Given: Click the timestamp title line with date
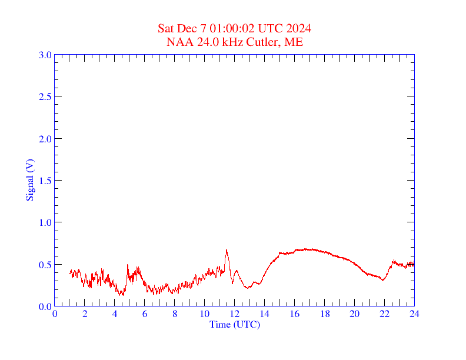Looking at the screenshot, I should pyautogui.click(x=234, y=29).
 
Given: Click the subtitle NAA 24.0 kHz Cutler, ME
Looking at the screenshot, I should pyautogui.click(x=234, y=42).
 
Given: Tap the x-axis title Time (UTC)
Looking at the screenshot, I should pyautogui.click(x=234, y=324).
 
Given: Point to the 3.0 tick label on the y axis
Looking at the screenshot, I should pyautogui.click(x=45, y=55).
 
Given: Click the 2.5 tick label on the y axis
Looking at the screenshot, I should pyautogui.click(x=45, y=96).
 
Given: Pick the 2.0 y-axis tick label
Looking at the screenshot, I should pyautogui.click(x=45, y=139).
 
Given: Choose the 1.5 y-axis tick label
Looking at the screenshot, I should pyautogui.click(x=45, y=181).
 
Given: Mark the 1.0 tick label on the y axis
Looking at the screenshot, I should pyautogui.click(x=45, y=222).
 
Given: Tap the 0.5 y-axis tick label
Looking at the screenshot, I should pyautogui.click(x=45, y=265).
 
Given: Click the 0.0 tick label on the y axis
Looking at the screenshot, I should pyautogui.click(x=45, y=306).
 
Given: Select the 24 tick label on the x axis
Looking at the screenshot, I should pyautogui.click(x=414, y=314).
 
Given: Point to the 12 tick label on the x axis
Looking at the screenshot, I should pyautogui.click(x=235, y=314).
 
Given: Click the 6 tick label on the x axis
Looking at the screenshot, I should pyautogui.click(x=145, y=314).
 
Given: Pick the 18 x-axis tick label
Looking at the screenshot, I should pyautogui.click(x=324, y=314).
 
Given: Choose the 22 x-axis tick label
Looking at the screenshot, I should pyautogui.click(x=384, y=314).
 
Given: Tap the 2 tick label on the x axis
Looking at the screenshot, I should pyautogui.click(x=85, y=314).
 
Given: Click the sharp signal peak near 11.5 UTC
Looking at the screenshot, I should pyautogui.click(x=227, y=251).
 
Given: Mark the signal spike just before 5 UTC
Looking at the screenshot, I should pyautogui.click(x=128, y=265).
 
